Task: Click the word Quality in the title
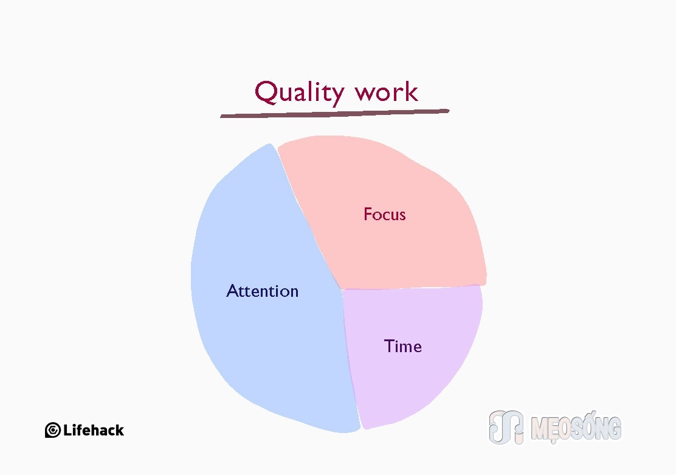[x=299, y=92]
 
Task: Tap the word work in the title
[x=386, y=92]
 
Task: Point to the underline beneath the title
[x=335, y=114]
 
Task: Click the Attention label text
[x=262, y=291]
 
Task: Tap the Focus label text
[x=385, y=215]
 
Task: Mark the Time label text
[x=402, y=346]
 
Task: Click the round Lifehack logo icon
[x=53, y=430]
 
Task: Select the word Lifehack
[x=94, y=430]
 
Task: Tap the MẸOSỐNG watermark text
[x=576, y=428]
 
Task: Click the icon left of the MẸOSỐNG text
[x=506, y=427]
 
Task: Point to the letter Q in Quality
[x=266, y=92]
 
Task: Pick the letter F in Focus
[x=368, y=214]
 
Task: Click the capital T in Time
[x=389, y=346]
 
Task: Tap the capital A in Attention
[x=233, y=291]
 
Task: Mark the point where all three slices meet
[x=342, y=290]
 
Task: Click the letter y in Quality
[x=337, y=95]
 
